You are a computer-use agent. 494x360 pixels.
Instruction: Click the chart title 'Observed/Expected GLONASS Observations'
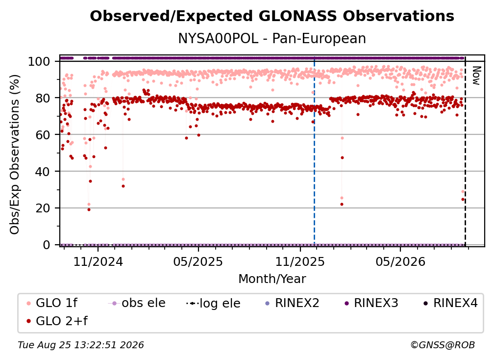[x=272, y=16]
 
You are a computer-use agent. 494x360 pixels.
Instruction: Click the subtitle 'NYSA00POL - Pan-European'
[x=272, y=39]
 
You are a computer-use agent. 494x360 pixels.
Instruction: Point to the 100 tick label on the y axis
[x=39, y=61]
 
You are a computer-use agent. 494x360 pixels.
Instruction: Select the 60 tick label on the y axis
[x=43, y=135]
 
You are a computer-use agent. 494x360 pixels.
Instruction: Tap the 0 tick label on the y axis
[x=47, y=245]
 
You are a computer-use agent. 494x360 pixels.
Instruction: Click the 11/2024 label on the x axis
[x=98, y=261]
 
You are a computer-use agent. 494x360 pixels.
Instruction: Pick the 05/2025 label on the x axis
[x=198, y=261]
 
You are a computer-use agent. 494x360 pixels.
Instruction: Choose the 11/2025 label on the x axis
[x=300, y=261]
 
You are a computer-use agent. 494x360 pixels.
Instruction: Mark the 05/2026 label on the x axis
[x=400, y=261]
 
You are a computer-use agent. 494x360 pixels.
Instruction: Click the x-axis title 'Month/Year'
[x=272, y=279]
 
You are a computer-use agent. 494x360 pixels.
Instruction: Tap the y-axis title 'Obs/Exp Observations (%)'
[x=15, y=154]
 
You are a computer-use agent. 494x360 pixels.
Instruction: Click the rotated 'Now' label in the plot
[x=476, y=76]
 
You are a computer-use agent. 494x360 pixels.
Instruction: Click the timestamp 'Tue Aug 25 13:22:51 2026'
[x=81, y=345]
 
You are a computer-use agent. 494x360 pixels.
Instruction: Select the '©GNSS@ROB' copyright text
[x=443, y=345]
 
